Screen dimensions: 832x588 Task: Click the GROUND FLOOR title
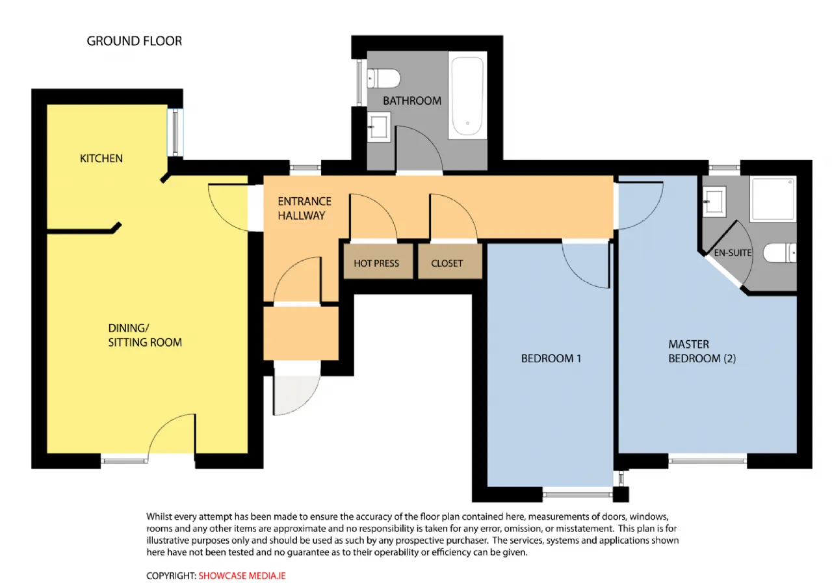pos(134,41)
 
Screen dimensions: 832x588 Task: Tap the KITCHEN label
pos(101,158)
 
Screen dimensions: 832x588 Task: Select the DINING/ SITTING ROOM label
pos(145,335)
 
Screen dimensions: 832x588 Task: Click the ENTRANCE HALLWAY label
pos(304,209)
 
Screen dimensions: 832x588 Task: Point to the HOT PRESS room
pos(378,261)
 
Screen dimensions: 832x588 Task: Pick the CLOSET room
pos(450,261)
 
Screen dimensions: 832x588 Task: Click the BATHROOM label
pos(412,101)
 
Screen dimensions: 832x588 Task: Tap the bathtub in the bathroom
pos(467,96)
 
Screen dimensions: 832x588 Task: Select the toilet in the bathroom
pos(383,78)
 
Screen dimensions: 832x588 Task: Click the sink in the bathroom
pos(379,127)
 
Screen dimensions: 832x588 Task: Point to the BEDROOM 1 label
pos(551,358)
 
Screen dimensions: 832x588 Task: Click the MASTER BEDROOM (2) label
pos(702,351)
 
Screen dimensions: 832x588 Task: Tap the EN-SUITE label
pos(733,253)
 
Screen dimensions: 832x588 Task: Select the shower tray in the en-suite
pos(773,199)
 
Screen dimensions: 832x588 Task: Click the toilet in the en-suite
pos(779,253)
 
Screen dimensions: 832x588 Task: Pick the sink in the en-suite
pos(714,202)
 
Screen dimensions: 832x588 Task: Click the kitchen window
pos(175,132)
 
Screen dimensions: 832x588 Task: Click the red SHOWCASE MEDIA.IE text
pos(242,576)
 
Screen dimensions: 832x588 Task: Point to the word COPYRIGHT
pos(171,576)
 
